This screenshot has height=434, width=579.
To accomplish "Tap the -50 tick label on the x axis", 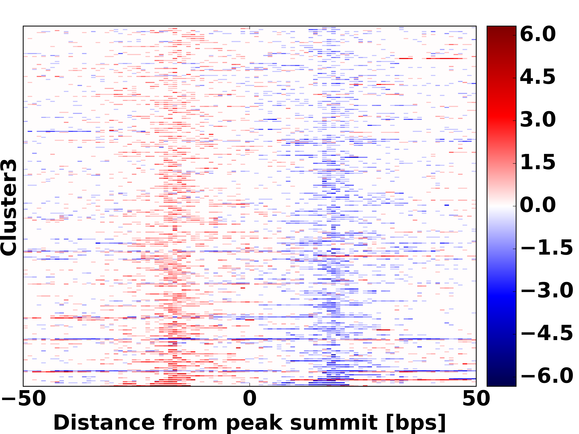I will coord(24,399).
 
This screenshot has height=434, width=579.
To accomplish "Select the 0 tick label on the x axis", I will coord(249,399).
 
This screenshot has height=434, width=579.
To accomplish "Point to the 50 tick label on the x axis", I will coord(476,399).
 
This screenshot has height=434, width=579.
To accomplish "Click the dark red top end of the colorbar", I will coord(501,29).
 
